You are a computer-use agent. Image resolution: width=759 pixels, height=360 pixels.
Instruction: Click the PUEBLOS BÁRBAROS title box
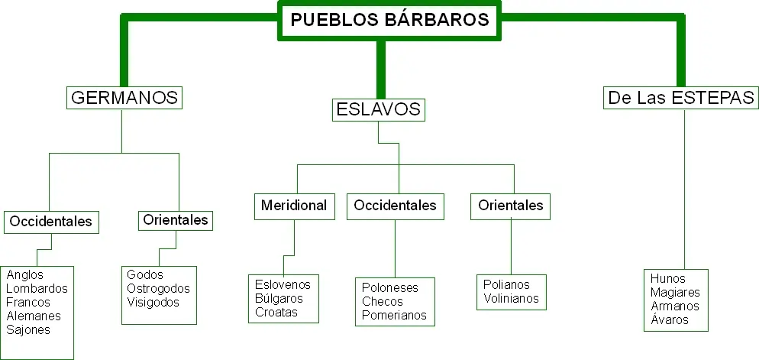(x=389, y=21)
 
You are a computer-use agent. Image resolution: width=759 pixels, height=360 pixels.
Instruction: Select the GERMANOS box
(x=124, y=97)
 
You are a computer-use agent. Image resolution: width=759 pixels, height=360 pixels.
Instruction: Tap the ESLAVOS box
(x=379, y=109)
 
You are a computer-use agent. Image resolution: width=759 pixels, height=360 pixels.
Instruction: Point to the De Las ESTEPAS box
(x=681, y=97)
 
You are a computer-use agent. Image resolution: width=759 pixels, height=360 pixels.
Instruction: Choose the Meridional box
(x=294, y=206)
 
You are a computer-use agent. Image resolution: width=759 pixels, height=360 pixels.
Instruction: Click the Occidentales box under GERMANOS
(x=51, y=222)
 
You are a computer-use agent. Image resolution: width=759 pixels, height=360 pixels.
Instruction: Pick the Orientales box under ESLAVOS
(x=510, y=206)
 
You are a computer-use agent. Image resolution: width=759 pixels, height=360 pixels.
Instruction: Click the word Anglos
(x=24, y=274)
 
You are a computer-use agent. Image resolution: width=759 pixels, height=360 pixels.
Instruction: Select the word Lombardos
(x=37, y=289)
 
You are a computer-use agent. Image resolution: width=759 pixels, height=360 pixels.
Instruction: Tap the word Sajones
(x=28, y=330)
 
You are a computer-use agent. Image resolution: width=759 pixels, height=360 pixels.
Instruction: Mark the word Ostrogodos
(x=158, y=288)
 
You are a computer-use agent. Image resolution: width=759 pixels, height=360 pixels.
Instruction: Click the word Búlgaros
(x=279, y=298)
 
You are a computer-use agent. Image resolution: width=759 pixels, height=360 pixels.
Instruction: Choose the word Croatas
(x=276, y=312)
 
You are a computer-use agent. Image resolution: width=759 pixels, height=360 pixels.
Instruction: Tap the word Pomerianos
(x=394, y=316)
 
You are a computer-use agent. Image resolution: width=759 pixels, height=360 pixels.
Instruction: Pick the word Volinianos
(x=511, y=298)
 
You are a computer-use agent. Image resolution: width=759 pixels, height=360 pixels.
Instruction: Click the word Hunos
(x=668, y=279)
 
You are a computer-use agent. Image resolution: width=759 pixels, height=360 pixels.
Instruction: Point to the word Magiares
(x=675, y=293)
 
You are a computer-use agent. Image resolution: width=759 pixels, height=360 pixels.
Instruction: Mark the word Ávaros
(x=670, y=319)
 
